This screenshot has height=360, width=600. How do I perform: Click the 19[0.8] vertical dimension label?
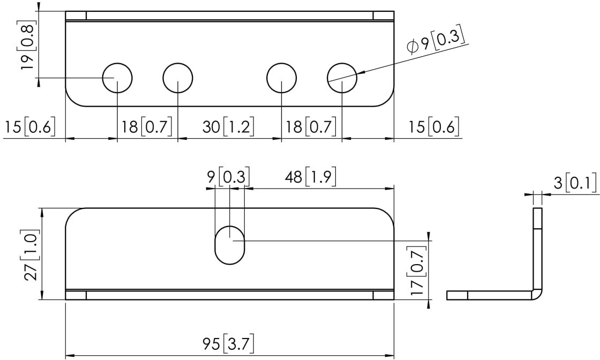28,45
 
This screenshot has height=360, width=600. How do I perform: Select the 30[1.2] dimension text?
228,126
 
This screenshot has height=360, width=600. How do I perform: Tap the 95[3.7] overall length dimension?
228,344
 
